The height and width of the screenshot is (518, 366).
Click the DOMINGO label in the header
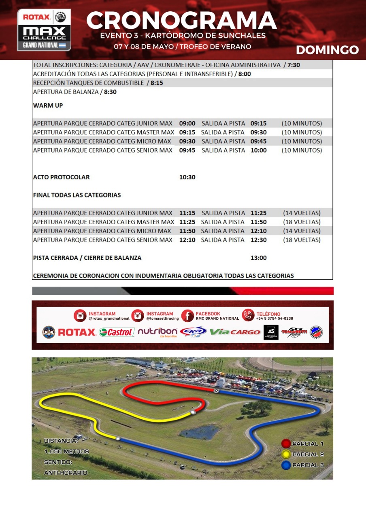327,50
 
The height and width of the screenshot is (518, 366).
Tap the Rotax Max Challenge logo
44,30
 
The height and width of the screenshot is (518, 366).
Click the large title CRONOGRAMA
182,20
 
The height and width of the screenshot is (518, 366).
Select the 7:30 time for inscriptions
294,65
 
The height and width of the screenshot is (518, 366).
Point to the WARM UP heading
48,106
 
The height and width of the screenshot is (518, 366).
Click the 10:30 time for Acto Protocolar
187,177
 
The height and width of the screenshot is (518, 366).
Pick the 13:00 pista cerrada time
258,258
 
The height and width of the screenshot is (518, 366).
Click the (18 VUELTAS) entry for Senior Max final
302,240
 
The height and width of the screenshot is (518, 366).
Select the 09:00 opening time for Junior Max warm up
187,123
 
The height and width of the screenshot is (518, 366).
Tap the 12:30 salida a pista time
258,240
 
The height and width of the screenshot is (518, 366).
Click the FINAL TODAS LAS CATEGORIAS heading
77,195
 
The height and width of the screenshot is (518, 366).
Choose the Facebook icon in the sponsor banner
187,316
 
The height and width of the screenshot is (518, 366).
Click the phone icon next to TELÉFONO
248,315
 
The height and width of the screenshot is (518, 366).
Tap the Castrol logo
117,332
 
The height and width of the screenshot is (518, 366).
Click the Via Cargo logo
235,332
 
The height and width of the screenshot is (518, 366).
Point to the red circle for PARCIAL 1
286,444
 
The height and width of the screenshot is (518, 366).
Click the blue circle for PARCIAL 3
286,465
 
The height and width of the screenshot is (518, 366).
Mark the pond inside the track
200,432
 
